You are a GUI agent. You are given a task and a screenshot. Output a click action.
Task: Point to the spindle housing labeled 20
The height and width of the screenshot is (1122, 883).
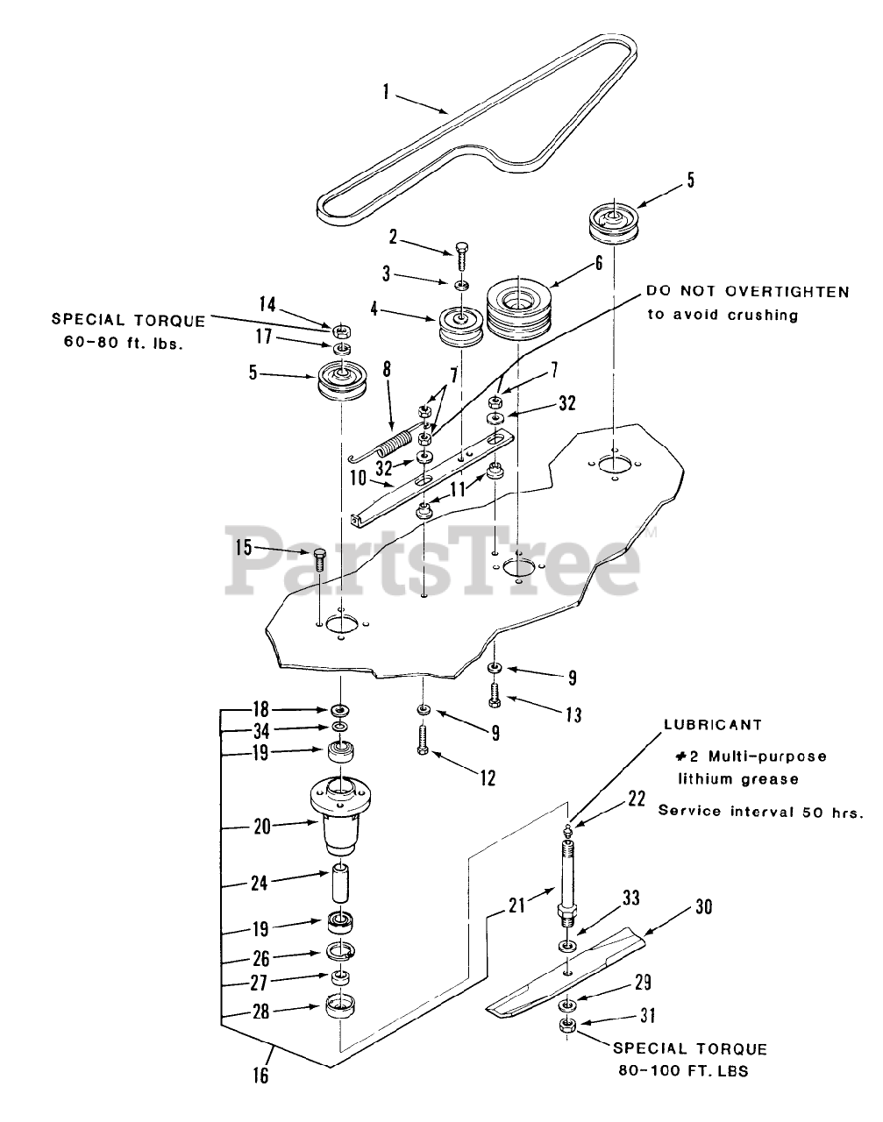[x=342, y=820]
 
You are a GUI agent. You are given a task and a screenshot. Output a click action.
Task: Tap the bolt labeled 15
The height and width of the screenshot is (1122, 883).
[x=319, y=557]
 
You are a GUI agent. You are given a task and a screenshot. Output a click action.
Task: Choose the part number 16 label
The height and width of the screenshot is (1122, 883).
[x=260, y=1075]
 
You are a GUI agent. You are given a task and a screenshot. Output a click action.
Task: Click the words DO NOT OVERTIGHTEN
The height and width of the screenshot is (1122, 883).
[x=748, y=292]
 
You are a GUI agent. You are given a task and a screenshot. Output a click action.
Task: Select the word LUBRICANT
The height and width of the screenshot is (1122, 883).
[x=712, y=725]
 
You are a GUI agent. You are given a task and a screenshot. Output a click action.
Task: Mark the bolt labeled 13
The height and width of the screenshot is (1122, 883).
[x=495, y=692]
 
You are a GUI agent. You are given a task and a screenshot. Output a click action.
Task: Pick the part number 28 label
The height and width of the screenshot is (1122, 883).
[x=260, y=1010]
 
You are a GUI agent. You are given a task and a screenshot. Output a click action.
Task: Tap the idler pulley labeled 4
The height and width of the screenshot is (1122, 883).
[x=461, y=327]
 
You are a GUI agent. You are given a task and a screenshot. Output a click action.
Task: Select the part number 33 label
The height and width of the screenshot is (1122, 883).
[x=630, y=898]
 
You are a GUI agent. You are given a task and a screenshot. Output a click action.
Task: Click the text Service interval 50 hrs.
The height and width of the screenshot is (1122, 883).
[x=760, y=811]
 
